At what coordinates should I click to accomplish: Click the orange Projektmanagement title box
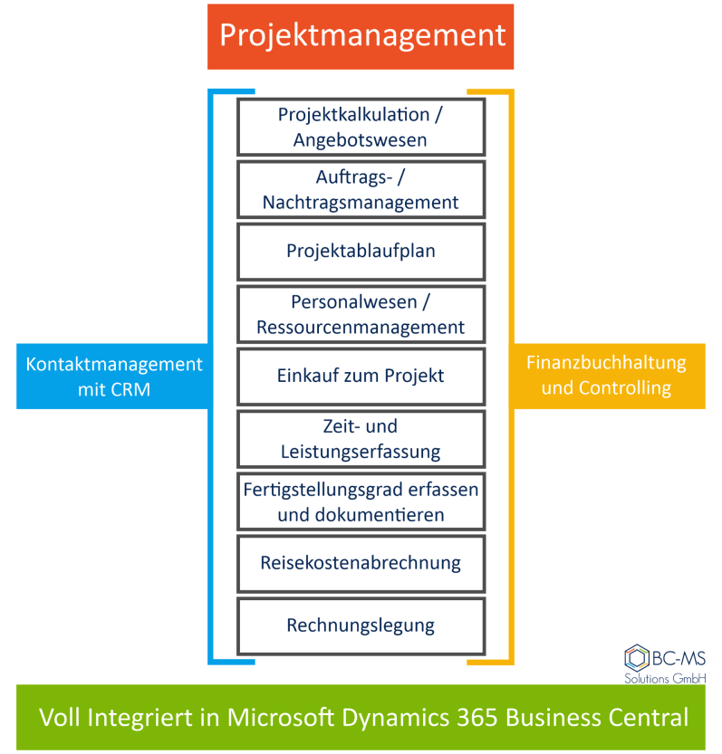point(361,36)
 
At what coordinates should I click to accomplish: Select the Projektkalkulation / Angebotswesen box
point(361,127)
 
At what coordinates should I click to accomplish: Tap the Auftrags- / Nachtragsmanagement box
point(361,189)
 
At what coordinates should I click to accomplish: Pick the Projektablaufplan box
point(361,251)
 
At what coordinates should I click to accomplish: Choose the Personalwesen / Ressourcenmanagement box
point(361,313)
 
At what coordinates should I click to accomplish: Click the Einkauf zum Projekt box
point(361,376)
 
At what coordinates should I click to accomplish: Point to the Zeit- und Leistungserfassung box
point(361,438)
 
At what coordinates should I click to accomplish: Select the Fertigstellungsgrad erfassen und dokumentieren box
point(361,501)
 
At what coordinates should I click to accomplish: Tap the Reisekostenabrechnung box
point(361,563)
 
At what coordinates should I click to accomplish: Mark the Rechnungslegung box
point(361,625)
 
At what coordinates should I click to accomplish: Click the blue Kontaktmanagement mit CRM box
point(113,377)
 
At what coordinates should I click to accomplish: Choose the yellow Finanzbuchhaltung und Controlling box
point(606,376)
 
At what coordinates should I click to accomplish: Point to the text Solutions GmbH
point(665,678)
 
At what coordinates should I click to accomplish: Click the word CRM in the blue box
point(135,390)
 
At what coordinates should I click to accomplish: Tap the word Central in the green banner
point(646,718)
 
